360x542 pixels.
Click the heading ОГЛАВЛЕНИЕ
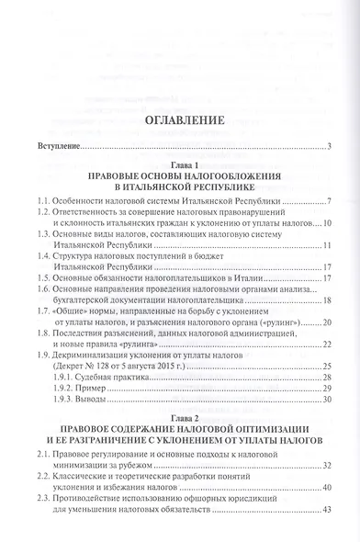(x=180, y=121)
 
